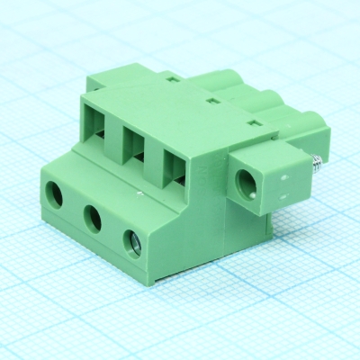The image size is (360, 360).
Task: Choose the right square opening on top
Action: (176, 165)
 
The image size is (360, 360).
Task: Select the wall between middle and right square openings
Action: (157, 153)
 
